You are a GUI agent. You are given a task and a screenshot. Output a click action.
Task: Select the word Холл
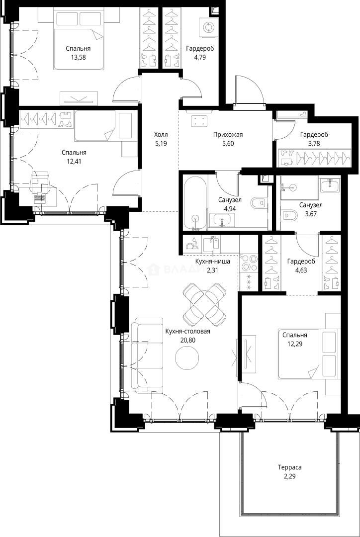pyautogui.click(x=161, y=135)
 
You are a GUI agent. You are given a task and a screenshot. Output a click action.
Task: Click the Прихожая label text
pyautogui.click(x=228, y=135)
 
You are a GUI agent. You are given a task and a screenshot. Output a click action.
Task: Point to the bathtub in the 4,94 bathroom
pyautogui.click(x=195, y=202)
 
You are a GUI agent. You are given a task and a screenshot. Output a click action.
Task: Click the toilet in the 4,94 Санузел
pyautogui.click(x=258, y=203)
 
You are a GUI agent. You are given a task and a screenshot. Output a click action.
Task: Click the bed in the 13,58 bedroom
pyautogui.click(x=79, y=40)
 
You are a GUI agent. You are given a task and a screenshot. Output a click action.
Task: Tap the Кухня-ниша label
pyautogui.click(x=212, y=262)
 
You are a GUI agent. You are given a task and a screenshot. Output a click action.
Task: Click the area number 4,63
pyautogui.click(x=301, y=269)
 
